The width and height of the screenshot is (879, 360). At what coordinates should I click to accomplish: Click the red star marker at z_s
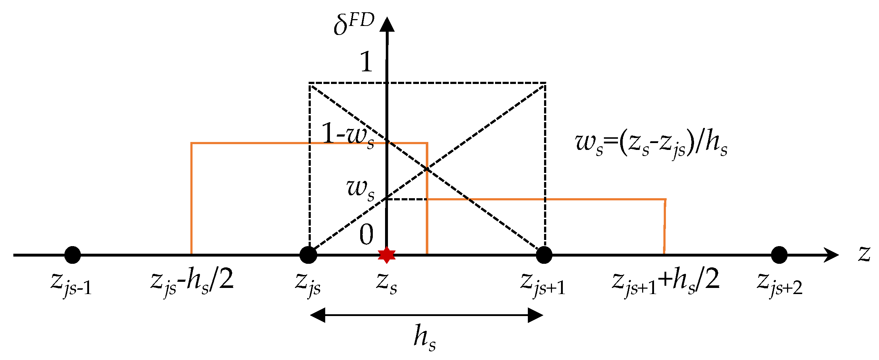pyautogui.click(x=387, y=255)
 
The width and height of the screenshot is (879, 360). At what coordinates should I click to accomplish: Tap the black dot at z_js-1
pyautogui.click(x=72, y=255)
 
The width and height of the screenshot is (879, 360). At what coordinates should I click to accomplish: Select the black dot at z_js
pyautogui.click(x=308, y=255)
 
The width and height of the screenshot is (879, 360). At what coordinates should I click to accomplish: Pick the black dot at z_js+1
pyautogui.click(x=544, y=255)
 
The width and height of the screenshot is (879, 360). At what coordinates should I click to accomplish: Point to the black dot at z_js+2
pyautogui.click(x=779, y=255)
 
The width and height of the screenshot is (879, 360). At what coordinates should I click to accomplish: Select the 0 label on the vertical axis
pyautogui.click(x=366, y=235)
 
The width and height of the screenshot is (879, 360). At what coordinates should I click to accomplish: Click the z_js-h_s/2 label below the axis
pyautogui.click(x=192, y=283)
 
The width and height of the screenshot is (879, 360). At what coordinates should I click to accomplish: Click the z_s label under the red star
pyautogui.click(x=387, y=283)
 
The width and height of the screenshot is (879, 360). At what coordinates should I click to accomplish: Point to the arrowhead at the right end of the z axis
pyautogui.click(x=831, y=255)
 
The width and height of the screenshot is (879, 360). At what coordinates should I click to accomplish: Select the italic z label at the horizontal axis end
pyautogui.click(x=864, y=254)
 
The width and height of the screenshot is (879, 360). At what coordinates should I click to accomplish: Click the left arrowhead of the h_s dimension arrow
pyautogui.click(x=318, y=315)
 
